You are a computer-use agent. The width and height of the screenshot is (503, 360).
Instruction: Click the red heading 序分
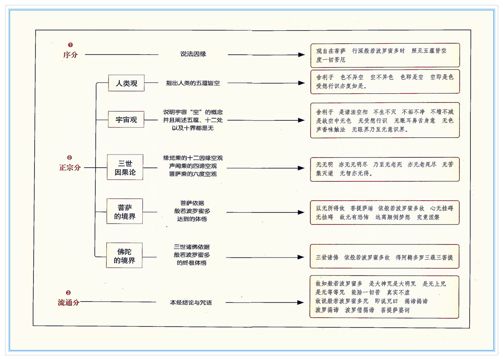[x=70, y=55]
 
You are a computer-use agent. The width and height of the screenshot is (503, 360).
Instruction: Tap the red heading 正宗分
[x=70, y=168]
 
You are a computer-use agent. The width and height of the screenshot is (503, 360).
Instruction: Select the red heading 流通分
[x=69, y=302]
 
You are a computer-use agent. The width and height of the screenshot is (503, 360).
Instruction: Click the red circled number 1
[x=70, y=44]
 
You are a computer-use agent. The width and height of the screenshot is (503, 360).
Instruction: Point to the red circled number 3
[x=69, y=292]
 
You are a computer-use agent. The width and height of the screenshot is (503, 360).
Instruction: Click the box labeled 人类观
[x=126, y=83]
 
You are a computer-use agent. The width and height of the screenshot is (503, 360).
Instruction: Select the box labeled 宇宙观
[x=126, y=120]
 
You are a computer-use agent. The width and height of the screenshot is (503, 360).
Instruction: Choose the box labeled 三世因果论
[x=125, y=168]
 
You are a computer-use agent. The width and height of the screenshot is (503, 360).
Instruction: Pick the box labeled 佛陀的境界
[x=124, y=256]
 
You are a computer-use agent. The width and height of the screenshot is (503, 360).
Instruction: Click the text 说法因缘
[x=193, y=54]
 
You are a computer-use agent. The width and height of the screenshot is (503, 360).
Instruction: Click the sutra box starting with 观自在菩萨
[x=384, y=55]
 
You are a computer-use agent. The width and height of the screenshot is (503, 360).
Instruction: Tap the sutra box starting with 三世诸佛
[x=384, y=257]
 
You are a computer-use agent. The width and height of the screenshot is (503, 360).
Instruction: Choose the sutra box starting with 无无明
[x=384, y=169]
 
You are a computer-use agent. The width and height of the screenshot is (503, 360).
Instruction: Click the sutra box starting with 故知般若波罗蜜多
[x=384, y=297]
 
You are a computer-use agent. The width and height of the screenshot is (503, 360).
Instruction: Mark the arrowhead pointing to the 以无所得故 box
[x=301, y=212]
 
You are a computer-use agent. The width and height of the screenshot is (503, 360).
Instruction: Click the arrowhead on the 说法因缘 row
[x=301, y=55]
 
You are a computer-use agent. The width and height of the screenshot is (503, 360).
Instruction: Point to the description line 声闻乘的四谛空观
[x=193, y=166]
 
